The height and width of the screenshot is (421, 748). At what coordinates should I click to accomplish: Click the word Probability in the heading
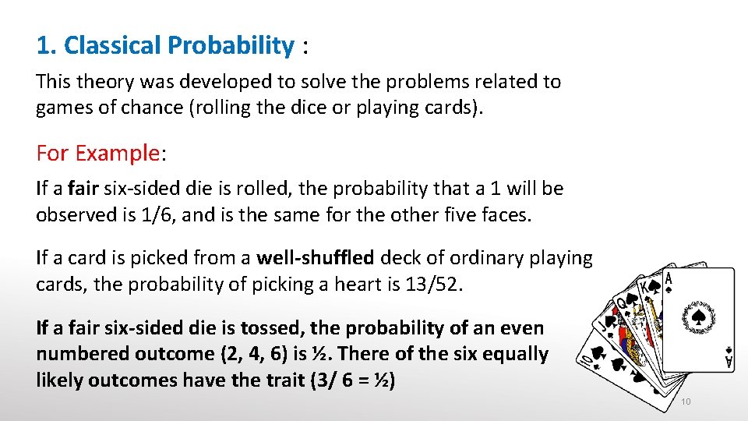[230, 46]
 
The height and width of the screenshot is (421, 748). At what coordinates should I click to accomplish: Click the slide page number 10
[686, 402]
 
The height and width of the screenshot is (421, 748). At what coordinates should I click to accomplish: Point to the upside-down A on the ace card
[729, 361]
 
